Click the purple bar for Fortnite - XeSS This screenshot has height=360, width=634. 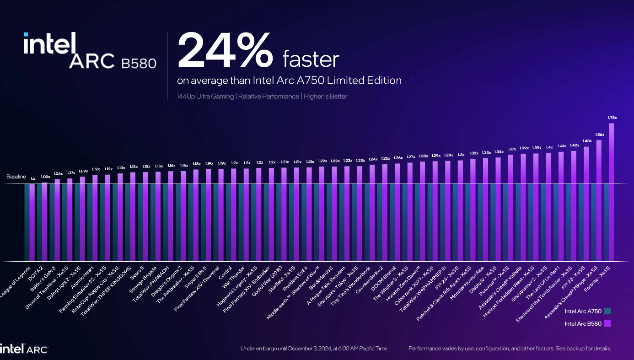pyautogui.click(x=611, y=192)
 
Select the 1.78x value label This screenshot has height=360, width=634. pyautogui.click(x=612, y=118)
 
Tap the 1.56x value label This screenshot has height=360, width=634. pyautogui.click(x=599, y=135)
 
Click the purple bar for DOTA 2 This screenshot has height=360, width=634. pyautogui.click(x=45, y=222)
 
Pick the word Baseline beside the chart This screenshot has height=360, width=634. pyautogui.click(x=16, y=176)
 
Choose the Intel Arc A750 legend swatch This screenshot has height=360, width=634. pyautogui.click(x=607, y=312)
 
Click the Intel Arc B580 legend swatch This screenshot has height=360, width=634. pyautogui.click(x=607, y=324)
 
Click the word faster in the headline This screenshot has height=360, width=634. pyautogui.click(x=311, y=59)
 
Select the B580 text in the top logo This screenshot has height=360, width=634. pyautogui.click(x=139, y=63)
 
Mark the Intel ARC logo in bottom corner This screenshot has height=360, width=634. pyautogui.click(x=24, y=349)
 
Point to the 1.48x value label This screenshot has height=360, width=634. pyautogui.click(x=587, y=141)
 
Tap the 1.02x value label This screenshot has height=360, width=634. pyautogui.click(x=45, y=177)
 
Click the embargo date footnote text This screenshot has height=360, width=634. pyautogui.click(x=313, y=349)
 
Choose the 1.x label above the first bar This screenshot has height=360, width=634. pyautogui.click(x=32, y=178)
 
